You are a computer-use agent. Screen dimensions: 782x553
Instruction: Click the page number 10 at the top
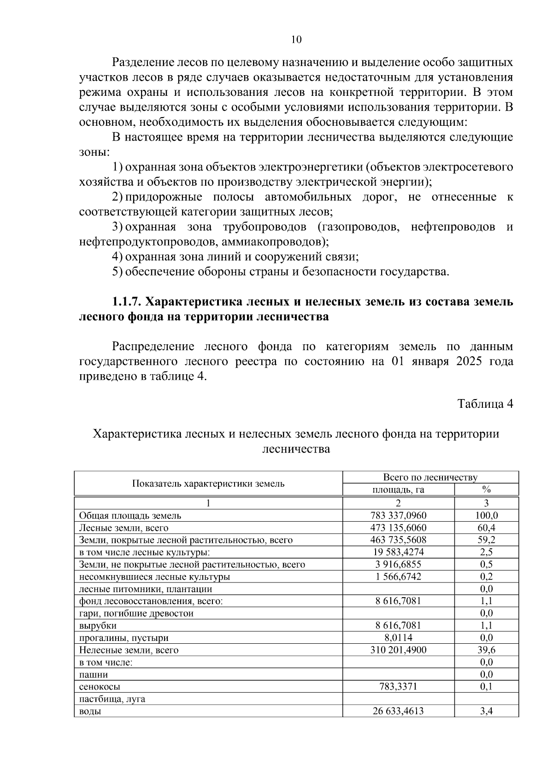(296, 40)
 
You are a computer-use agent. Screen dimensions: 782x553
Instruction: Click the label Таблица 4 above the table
(485, 404)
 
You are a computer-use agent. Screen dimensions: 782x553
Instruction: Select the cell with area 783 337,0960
(398, 516)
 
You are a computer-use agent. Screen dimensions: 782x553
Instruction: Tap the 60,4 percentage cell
(486, 528)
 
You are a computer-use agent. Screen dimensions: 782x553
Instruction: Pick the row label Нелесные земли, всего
(129, 650)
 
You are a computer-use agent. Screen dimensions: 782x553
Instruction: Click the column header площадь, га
(398, 490)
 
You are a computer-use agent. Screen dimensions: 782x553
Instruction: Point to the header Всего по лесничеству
(430, 477)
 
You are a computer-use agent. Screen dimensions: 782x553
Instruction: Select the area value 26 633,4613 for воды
(398, 724)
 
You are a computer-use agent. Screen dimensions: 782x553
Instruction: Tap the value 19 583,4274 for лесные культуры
(398, 552)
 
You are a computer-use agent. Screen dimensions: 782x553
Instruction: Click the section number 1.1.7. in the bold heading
(127, 302)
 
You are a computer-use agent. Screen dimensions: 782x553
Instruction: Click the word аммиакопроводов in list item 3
(273, 241)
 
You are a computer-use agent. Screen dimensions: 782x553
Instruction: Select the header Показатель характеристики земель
(208, 483)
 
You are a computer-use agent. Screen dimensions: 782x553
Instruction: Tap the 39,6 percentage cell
(486, 650)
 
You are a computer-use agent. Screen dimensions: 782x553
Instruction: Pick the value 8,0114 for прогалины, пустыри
(398, 638)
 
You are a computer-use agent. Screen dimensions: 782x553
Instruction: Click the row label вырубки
(98, 626)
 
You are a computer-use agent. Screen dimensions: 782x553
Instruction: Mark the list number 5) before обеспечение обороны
(118, 272)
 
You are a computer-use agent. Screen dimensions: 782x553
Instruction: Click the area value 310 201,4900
(398, 650)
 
